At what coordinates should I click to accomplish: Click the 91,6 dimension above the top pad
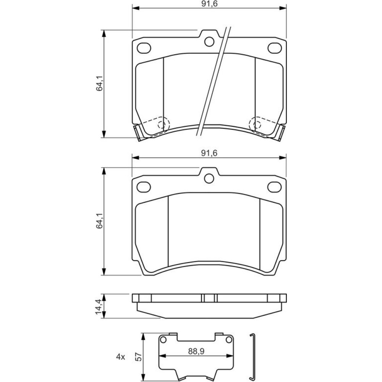(x=209, y=4)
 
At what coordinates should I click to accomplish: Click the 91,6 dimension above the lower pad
(x=209, y=153)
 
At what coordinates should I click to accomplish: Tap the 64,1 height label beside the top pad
(x=100, y=83)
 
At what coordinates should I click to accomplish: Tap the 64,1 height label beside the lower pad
(x=100, y=220)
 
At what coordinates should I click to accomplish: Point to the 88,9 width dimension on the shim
(x=196, y=351)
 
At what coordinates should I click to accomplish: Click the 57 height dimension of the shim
(x=139, y=357)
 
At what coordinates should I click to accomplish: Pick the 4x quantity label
(x=121, y=357)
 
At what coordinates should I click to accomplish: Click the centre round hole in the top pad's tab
(x=209, y=42)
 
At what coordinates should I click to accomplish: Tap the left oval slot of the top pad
(x=144, y=48)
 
